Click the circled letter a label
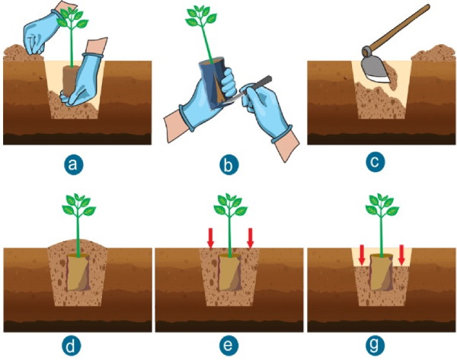tap(73, 165)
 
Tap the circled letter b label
tap(228, 165)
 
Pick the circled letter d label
tap(71, 346)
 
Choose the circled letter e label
tap(228, 346)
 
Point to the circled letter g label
tap(375, 346)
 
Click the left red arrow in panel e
tap(210, 238)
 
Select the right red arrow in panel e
tap(250, 238)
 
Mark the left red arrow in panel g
tap(362, 255)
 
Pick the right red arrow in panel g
tap(401, 255)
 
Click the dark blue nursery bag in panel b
tap(215, 81)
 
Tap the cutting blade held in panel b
tap(248, 91)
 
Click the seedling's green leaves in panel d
tap(78, 203)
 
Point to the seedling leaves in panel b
tap(201, 16)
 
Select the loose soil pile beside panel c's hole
tap(433, 53)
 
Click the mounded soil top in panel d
tap(78, 244)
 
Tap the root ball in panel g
tap(382, 272)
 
